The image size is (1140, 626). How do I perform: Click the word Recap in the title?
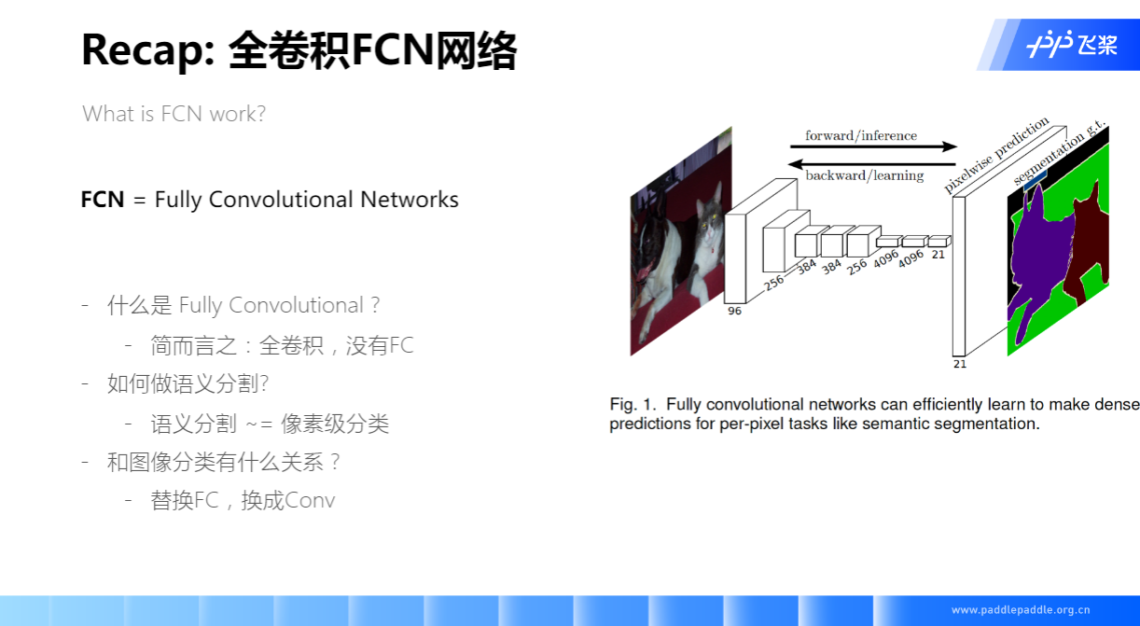pos(141,50)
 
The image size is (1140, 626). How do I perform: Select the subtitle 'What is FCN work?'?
pos(174,114)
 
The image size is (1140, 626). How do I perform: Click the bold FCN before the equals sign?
pos(103,200)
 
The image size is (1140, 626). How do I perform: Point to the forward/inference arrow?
pos(873,146)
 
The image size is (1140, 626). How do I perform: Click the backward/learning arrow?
pos(873,163)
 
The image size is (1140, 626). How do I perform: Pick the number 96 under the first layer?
pos(734,311)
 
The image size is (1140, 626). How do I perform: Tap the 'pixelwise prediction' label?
pos(995,154)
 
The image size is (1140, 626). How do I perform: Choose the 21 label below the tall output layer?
pos(960,364)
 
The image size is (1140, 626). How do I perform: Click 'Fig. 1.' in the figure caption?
pos(633,404)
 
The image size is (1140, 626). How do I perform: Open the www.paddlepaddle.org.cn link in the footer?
pos(1021,610)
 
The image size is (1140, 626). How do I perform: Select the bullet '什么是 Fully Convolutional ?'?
pos(243,306)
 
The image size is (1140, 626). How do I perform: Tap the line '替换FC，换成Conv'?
pos(243,501)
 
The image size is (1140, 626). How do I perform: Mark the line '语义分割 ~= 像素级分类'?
pos(270,424)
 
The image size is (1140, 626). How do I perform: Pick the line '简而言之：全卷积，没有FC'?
pos(282,346)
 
